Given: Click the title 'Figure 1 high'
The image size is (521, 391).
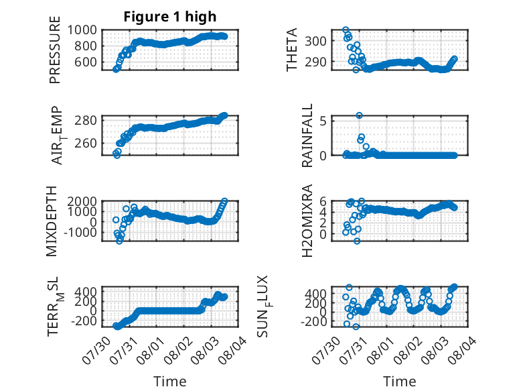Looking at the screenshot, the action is tap(170, 17).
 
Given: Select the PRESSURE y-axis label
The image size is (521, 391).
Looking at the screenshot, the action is tap(55, 50).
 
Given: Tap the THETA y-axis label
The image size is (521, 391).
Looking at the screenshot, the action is tap(291, 50).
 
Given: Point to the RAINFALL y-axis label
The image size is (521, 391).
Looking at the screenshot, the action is tap(307, 135).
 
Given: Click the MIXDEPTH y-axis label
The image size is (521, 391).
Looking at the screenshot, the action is tap(52, 221).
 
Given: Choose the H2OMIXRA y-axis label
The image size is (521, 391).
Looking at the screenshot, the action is tap(307, 221).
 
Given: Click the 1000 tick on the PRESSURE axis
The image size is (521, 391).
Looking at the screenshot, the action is tap(82, 30).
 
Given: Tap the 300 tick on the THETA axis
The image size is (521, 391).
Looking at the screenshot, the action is tap(315, 42).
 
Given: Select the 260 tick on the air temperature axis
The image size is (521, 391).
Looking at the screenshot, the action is tap(86, 144).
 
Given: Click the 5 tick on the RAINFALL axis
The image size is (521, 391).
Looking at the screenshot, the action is tap(323, 121).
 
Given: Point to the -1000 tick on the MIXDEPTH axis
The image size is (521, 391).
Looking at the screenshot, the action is tap(80, 233).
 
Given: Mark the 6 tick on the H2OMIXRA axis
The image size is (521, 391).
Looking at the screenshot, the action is tap(323, 201).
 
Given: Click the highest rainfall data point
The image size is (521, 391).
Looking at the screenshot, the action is tap(359, 115).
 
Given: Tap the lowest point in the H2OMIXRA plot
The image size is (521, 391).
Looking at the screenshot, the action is tap(357, 241).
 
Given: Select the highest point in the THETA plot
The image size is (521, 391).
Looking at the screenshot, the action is tap(346, 30).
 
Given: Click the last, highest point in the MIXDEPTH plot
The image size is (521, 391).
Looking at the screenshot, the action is tap(224, 201).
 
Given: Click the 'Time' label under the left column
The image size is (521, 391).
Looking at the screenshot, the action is tap(170, 382).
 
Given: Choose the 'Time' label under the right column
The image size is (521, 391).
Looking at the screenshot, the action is tap(399, 382).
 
